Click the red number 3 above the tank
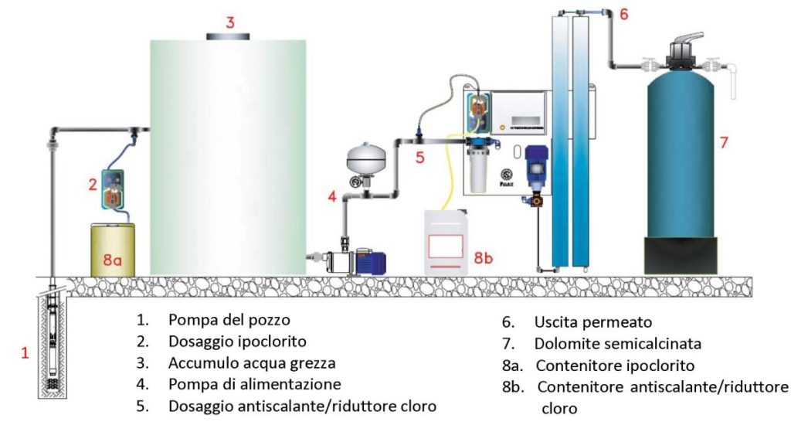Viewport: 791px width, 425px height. coord(230,22)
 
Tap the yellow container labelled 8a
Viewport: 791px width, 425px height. coord(113,250)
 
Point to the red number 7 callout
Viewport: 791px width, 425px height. coord(724,143)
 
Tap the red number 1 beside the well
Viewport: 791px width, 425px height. coord(25,353)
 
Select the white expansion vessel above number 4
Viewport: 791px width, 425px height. coord(365,159)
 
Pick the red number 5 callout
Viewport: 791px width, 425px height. coord(420,158)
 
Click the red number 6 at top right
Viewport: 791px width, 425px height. coord(624,14)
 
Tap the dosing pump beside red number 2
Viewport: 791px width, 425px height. coord(114,189)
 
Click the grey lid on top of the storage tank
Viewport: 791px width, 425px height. coord(228,36)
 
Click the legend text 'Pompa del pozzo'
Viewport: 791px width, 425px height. coord(229,320)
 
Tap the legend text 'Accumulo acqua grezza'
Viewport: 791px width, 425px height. coord(252,363)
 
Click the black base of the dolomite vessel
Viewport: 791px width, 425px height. coord(681,255)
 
